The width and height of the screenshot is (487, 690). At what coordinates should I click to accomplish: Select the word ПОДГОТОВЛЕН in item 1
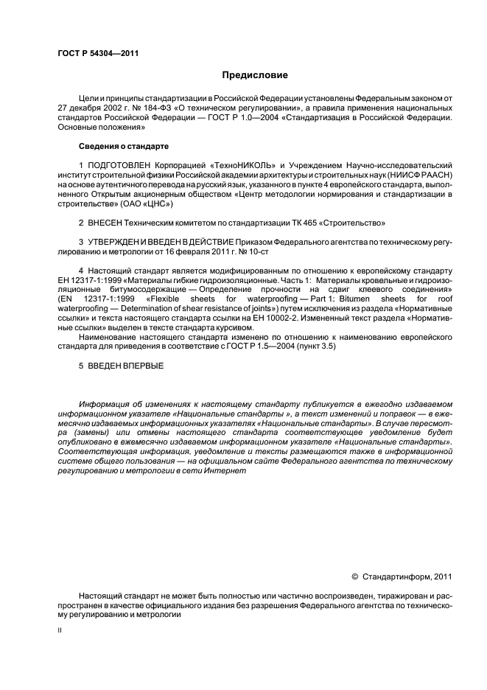(120, 164)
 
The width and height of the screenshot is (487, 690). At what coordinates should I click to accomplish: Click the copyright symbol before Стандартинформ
(354, 576)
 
